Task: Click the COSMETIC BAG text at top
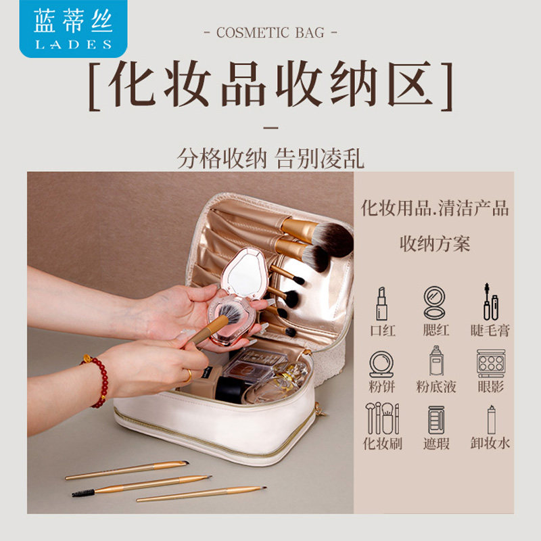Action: pos(270,32)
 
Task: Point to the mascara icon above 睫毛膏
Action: pos(490,302)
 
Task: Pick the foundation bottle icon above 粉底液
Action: pos(436,362)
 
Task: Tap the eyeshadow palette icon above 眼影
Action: pos(490,363)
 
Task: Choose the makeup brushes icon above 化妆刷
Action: pos(382,419)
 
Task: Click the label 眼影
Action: pos(490,387)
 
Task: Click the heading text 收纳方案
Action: pos(435,243)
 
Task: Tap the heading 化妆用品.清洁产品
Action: pos(435,208)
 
